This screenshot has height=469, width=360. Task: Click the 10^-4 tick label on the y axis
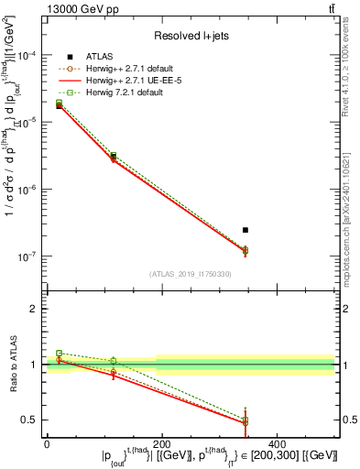(x=27, y=56)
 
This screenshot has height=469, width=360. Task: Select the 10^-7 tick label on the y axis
(x=27, y=256)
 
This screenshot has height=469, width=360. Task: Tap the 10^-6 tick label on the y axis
(x=27, y=190)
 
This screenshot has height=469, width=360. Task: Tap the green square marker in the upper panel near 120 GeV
(x=113, y=156)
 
